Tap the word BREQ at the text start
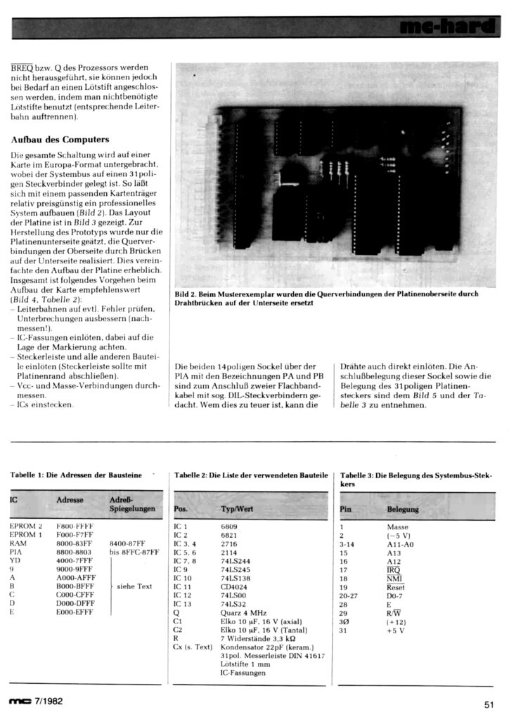[22, 65]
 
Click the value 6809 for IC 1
[229, 525]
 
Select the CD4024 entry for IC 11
[235, 586]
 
